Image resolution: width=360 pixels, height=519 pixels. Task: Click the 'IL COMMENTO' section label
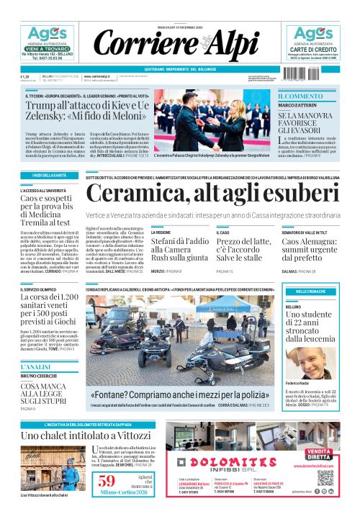click(301, 96)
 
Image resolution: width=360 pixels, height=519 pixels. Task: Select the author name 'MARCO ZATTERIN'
click(300, 107)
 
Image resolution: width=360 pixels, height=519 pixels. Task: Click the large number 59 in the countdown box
click(107, 482)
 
